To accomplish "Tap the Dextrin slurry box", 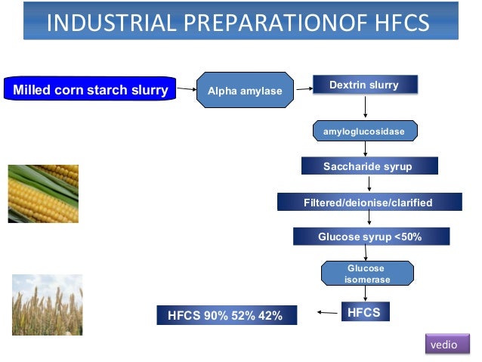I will [x=365, y=85].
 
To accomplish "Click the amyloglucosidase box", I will [x=364, y=131].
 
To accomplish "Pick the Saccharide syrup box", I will [x=367, y=166].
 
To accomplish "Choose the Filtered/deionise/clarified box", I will [x=369, y=202].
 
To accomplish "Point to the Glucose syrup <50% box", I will [x=370, y=237].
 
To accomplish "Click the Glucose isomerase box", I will [x=367, y=274].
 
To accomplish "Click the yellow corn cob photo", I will [x=43, y=193].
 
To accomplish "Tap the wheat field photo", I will [x=47, y=304].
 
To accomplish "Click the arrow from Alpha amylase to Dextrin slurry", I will [x=304, y=88].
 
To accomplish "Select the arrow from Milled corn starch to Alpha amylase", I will [x=186, y=90].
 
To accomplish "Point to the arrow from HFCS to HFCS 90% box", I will [x=326, y=311].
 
